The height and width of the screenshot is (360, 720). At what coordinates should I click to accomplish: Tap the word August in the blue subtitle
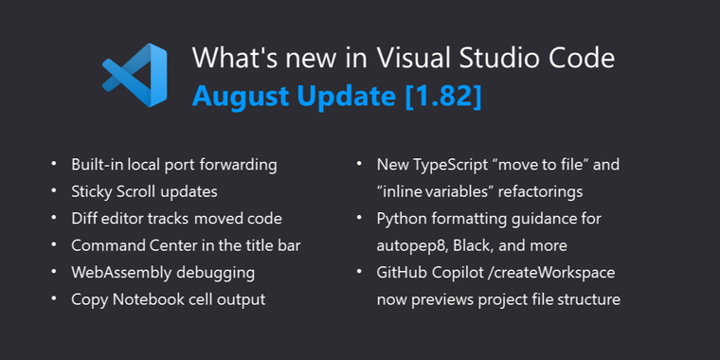tap(241, 96)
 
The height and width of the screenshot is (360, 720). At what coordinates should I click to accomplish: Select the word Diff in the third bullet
tap(85, 219)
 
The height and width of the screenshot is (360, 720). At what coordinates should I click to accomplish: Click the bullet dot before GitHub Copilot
tap(359, 273)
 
